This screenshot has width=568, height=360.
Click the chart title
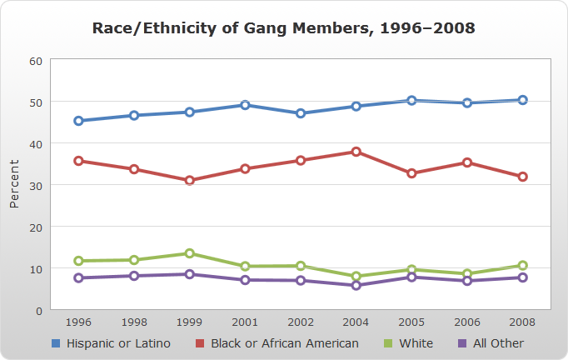pos(284,28)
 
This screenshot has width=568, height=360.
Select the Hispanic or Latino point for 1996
pos(78,121)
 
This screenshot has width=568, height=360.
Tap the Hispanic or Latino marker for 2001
pos(245,105)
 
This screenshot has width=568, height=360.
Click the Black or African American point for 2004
pos(356,152)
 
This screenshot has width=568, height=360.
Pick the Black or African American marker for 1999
pos(189,180)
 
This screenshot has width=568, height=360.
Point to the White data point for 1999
pos(189,253)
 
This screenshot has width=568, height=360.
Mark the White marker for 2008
pos(522,266)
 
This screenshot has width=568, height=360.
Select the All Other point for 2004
pos(356,285)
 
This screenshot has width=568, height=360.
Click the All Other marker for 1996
pos(78,278)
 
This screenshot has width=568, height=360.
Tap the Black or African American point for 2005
pos(411,173)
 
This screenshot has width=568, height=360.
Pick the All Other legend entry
pos(491,343)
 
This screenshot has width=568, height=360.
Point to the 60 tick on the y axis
pos(36,61)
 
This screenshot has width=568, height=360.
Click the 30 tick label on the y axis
pos(36,185)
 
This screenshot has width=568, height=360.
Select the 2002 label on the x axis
pos(301,322)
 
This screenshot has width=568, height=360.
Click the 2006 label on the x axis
pos(467,322)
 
